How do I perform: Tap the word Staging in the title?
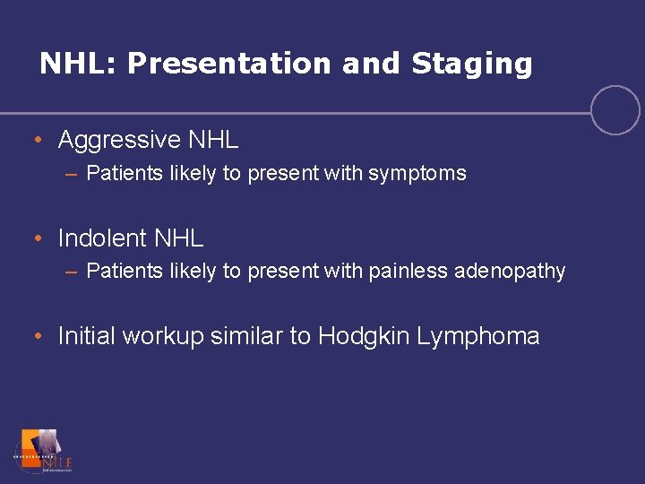tap(471, 64)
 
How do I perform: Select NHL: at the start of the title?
tap(79, 64)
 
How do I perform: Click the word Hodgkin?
tap(362, 337)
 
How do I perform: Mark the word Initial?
tap(87, 336)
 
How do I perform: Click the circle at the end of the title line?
tap(615, 110)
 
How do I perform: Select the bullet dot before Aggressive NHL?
tap(38, 141)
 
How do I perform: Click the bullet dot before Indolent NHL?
tap(38, 239)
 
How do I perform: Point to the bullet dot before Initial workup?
tap(38, 338)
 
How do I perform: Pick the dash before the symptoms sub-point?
tap(71, 174)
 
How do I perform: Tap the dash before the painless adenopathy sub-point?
tap(71, 272)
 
